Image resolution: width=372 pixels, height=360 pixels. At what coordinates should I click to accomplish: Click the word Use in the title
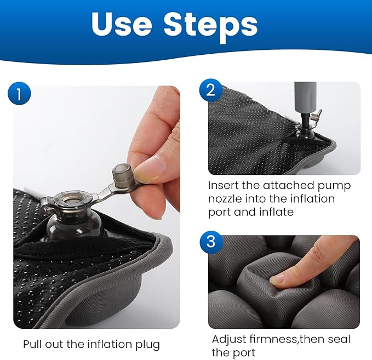(122, 25)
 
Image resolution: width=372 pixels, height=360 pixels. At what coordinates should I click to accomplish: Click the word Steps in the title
(211, 26)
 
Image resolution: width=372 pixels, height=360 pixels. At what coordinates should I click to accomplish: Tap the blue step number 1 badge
(19, 94)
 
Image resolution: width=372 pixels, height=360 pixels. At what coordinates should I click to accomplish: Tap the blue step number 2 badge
(211, 90)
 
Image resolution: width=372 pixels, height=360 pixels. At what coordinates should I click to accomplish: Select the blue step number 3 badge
(211, 242)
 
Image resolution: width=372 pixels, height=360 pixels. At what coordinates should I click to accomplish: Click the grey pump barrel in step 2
(305, 98)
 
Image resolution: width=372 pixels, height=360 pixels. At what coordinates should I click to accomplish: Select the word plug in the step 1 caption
(147, 345)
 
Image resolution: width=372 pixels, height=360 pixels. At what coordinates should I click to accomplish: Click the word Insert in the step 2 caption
(224, 186)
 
